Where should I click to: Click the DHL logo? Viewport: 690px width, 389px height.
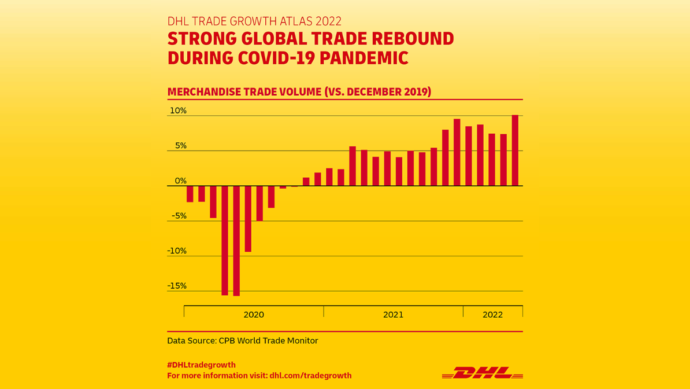482,372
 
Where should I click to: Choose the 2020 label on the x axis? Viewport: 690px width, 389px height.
254,315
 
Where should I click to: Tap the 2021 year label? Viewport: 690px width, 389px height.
393,315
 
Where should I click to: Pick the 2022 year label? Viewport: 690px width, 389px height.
492,315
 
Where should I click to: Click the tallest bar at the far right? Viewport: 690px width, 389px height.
515,151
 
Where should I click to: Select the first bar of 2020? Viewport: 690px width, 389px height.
190,194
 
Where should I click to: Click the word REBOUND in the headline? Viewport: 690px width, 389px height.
414,39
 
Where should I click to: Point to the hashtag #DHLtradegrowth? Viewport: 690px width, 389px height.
201,365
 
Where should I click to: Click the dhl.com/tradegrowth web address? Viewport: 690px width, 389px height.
310,376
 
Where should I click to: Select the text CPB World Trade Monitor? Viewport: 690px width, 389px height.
268,341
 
